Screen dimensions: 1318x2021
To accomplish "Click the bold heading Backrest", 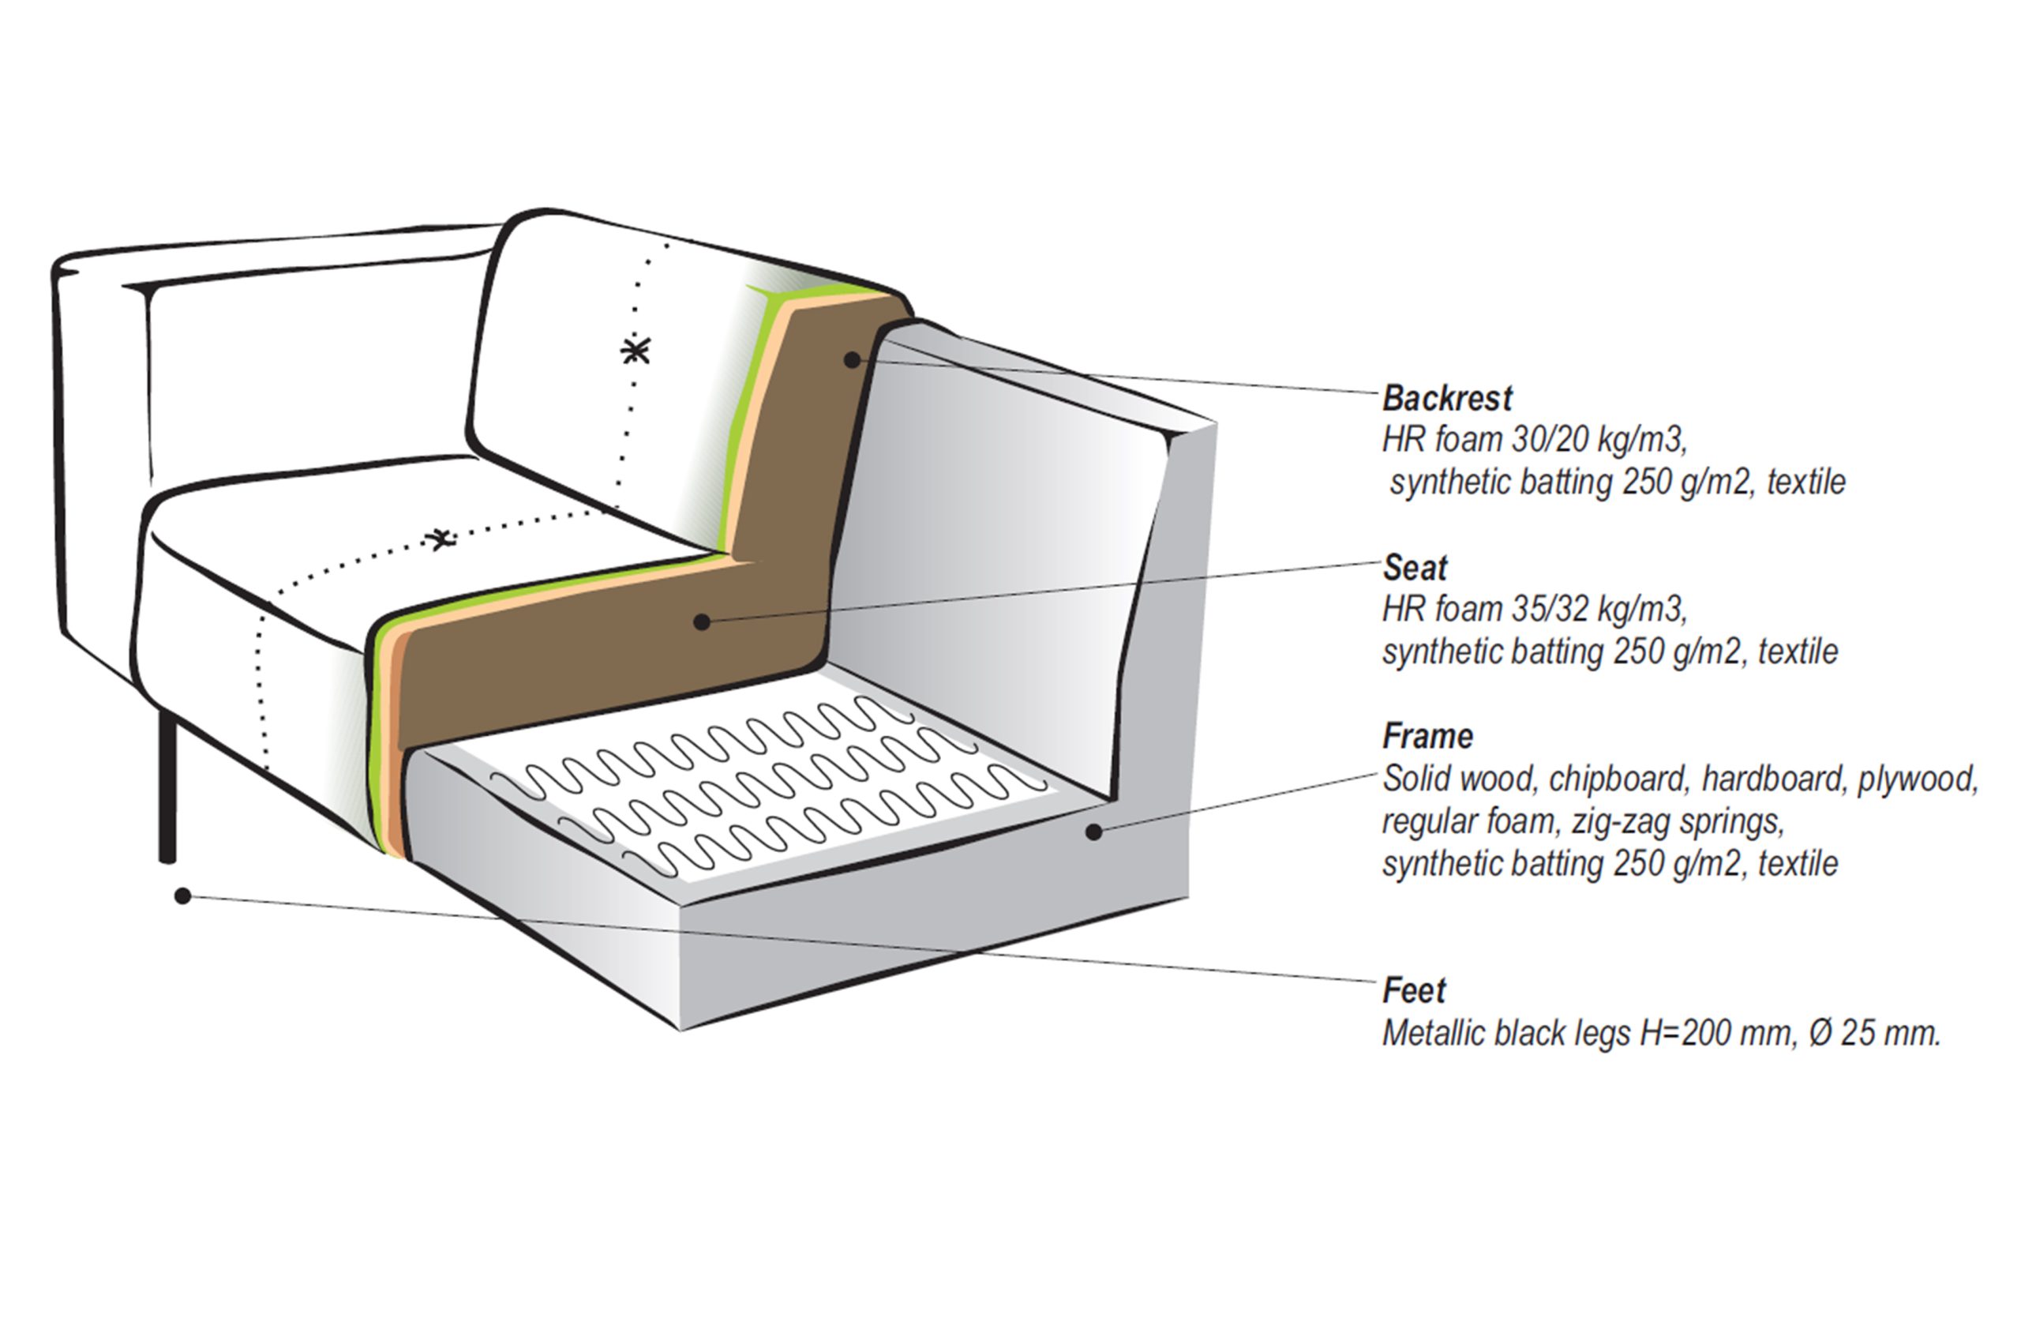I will pyautogui.click(x=1447, y=398).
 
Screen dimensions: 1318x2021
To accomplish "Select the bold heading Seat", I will pyautogui.click(x=1415, y=567).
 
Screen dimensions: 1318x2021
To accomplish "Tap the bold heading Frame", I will pyautogui.click(x=1427, y=736).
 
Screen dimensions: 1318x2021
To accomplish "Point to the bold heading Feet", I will pyautogui.click(x=1414, y=990).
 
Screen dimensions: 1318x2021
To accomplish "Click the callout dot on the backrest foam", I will pyautogui.click(x=852, y=360).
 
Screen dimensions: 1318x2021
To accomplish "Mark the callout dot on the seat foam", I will pyautogui.click(x=701, y=622).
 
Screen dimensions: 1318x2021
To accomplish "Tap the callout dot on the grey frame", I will pyautogui.click(x=1093, y=832).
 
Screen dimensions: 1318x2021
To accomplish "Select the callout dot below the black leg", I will pyautogui.click(x=182, y=896).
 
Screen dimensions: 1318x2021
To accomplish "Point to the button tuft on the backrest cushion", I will pyautogui.click(x=636, y=350).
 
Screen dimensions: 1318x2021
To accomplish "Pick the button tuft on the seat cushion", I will pyautogui.click(x=440, y=539).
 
